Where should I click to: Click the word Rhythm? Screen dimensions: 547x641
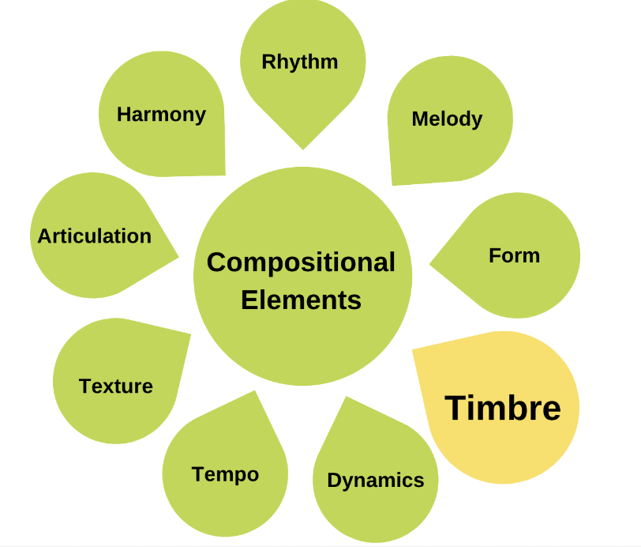300,62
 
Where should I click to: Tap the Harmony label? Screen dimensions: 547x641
161,115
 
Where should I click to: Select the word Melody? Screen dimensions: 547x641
447,119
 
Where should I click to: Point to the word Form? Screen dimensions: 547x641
514,255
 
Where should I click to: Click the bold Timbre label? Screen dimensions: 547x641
503,408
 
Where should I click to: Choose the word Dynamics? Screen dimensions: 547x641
376,480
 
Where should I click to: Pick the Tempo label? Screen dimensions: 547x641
225,474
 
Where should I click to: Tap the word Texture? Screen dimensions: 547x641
116,387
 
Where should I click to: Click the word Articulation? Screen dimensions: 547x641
95,236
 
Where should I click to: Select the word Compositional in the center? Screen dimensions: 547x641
301,262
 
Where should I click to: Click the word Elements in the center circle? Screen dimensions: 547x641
301,300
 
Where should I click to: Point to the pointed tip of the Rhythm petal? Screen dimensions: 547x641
302,148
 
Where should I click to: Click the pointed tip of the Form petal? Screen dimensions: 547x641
431,264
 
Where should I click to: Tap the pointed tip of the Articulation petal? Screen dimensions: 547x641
178,257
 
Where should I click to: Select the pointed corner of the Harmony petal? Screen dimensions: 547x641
224,174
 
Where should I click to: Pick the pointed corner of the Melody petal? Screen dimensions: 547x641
393,184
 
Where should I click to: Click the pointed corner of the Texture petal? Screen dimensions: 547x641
189,334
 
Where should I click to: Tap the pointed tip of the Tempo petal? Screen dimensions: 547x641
255,391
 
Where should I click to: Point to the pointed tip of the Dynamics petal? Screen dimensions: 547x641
346,398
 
